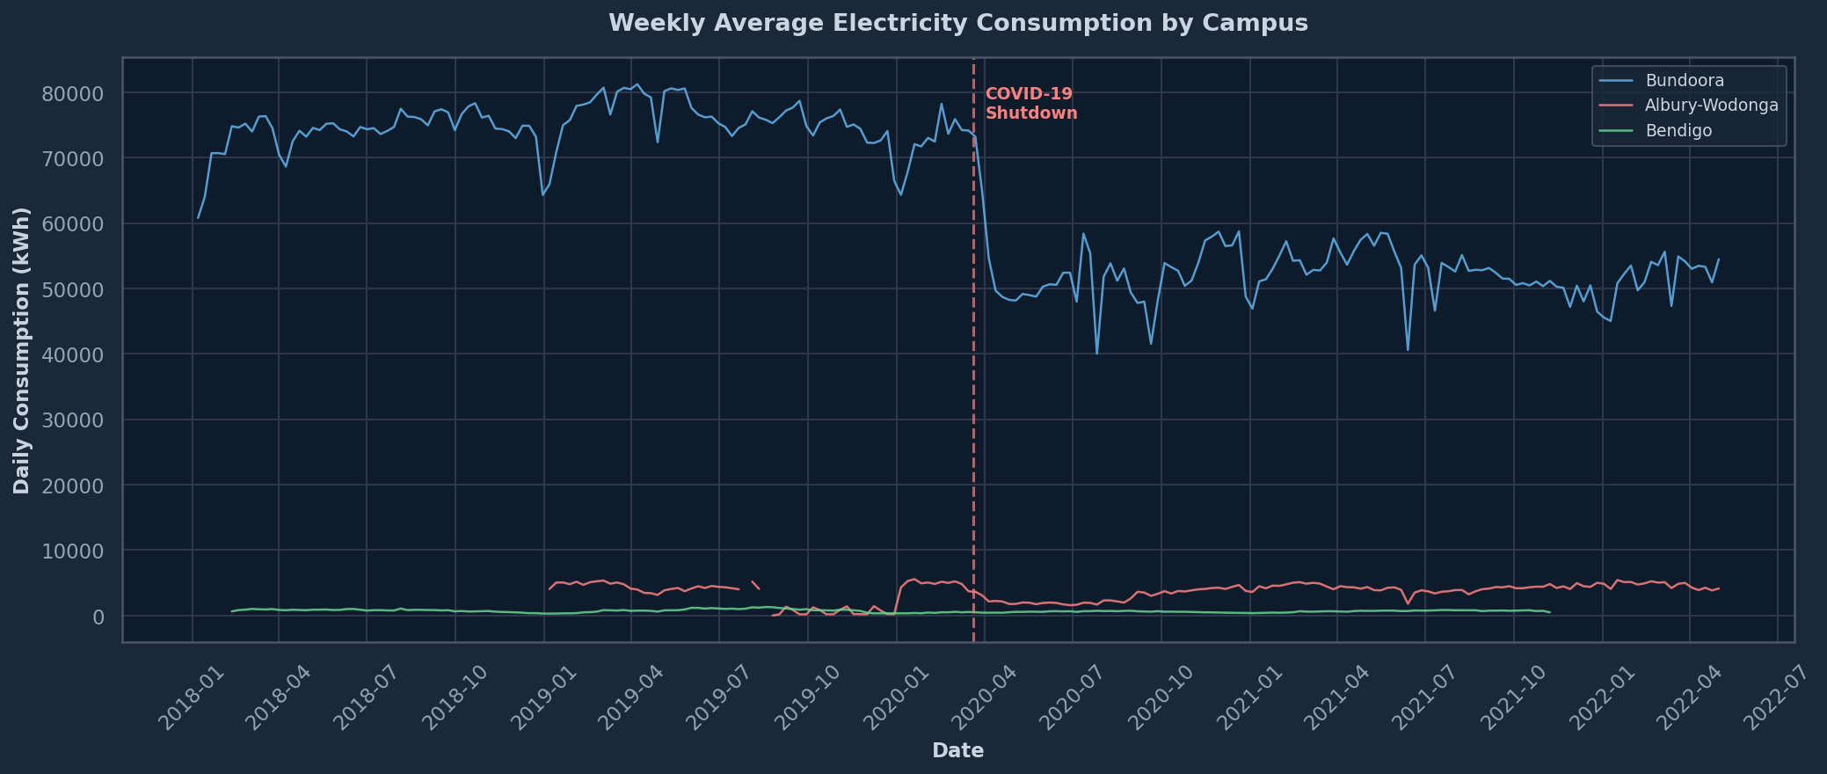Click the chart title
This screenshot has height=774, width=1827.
957,23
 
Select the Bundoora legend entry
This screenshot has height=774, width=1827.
1685,81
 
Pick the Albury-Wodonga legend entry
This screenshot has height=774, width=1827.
1711,106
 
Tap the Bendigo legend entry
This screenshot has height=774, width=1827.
1678,131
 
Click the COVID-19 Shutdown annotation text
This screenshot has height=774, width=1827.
1030,104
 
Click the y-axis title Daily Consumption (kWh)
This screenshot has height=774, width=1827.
22,350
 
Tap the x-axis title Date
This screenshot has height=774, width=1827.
957,750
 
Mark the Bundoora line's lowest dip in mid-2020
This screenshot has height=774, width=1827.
1096,354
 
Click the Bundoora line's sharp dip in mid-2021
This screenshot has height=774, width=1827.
1408,350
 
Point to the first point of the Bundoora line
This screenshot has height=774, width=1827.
198,218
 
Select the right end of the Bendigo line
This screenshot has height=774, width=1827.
1550,612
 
